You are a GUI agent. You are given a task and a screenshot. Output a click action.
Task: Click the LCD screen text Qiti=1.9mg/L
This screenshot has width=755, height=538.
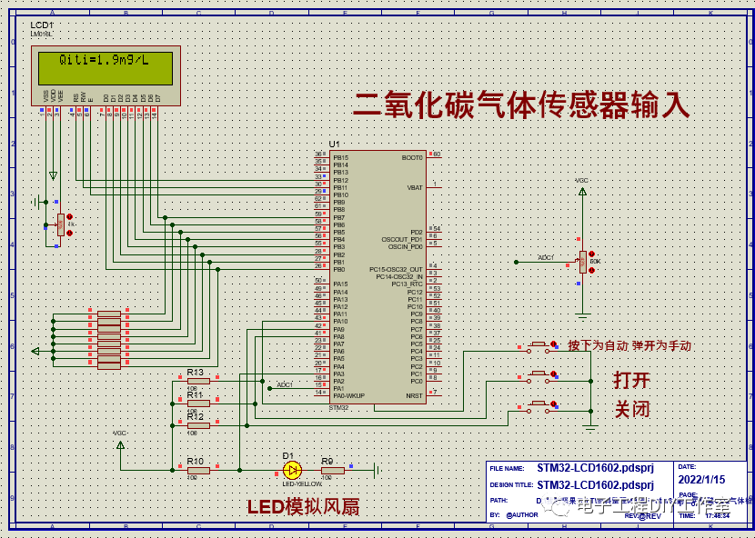click(103, 60)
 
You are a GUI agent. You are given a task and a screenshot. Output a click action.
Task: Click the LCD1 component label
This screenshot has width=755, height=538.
click(42, 25)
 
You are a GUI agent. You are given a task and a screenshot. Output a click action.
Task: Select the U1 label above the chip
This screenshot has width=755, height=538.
click(334, 144)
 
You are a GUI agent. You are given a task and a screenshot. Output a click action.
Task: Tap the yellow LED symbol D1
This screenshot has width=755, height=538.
click(292, 470)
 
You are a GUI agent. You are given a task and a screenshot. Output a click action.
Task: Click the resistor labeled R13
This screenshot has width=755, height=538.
click(197, 381)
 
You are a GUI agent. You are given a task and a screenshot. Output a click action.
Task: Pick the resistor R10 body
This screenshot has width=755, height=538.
click(197, 470)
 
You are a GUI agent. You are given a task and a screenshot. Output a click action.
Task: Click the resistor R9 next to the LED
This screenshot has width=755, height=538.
click(332, 470)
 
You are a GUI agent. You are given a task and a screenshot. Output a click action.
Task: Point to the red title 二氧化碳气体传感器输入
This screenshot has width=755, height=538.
click(521, 105)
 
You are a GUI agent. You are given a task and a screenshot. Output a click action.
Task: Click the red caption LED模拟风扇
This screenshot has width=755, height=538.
click(303, 507)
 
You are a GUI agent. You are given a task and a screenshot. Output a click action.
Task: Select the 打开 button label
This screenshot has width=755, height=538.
click(632, 380)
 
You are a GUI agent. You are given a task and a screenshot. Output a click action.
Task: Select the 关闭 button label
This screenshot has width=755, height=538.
click(632, 409)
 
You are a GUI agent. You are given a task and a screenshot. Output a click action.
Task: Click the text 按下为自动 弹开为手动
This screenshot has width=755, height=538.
click(629, 346)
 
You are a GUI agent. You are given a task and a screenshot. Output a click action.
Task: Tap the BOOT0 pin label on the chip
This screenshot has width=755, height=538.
click(412, 157)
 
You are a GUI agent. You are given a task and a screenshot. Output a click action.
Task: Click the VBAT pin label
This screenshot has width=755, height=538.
click(415, 187)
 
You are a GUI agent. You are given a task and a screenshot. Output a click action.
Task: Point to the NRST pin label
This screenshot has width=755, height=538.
click(415, 395)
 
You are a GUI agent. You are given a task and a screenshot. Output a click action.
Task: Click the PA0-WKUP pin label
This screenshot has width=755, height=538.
click(349, 395)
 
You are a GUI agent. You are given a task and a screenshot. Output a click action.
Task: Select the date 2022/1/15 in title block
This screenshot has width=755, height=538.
click(701, 479)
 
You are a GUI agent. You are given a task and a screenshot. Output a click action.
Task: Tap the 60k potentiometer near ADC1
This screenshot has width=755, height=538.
click(583, 262)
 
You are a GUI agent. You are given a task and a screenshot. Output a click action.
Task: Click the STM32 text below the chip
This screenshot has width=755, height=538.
click(338, 407)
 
